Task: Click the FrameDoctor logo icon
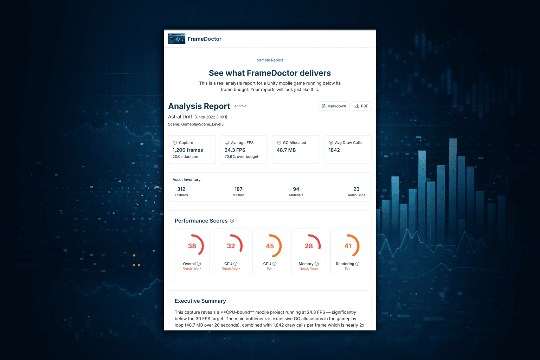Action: coord(176,39)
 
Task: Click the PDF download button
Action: coord(361,106)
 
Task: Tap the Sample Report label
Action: coord(270,60)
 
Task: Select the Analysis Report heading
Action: coord(199,106)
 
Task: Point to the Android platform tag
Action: coord(240,106)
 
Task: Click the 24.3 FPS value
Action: coord(235,150)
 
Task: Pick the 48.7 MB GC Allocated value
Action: coord(286,150)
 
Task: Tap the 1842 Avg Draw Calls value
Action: coord(334,150)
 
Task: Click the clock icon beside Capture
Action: coord(175,143)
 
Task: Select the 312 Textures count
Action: coord(181,189)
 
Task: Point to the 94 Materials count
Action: coord(296,189)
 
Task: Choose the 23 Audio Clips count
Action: coord(356,189)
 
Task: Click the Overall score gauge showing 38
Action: coord(192,246)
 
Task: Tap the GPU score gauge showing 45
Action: coord(270,246)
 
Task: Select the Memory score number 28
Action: coord(309,246)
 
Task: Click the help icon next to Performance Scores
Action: coord(232,221)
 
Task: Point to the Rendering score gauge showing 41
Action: coord(348,246)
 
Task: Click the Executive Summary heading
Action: coord(200,301)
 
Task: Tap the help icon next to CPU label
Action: coord(236,264)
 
